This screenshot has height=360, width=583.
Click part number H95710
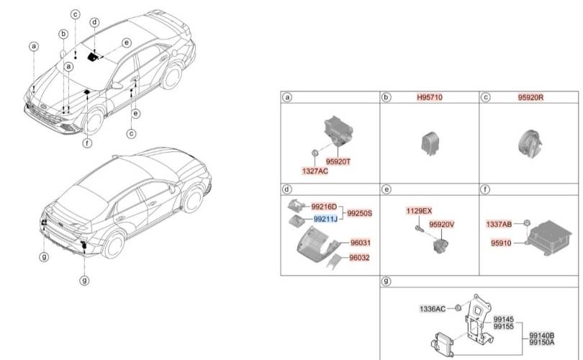click(429, 97)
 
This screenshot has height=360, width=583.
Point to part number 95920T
click(338, 161)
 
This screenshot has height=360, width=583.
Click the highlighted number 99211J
click(325, 219)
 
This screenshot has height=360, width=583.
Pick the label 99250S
click(359, 213)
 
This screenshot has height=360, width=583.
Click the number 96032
click(360, 257)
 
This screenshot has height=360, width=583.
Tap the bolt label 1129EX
click(418, 210)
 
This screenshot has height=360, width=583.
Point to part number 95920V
click(442, 224)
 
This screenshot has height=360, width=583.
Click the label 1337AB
click(499, 225)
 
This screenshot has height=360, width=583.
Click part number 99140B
click(541, 335)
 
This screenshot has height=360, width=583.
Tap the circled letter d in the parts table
click(287, 189)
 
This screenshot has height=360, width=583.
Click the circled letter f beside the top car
click(87, 143)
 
